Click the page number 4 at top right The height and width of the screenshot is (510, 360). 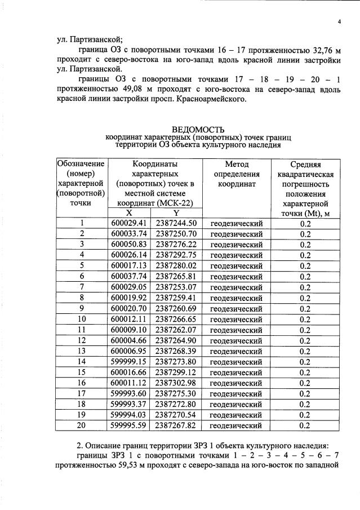pyautogui.click(x=340, y=21)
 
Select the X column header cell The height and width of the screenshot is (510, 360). pyautogui.click(x=129, y=213)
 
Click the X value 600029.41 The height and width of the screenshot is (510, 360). pyautogui.click(x=129, y=223)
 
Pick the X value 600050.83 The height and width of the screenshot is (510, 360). pyautogui.click(x=129, y=244)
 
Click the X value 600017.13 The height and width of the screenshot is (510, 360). pyautogui.click(x=129, y=265)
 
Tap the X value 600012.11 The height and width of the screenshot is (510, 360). pyautogui.click(x=129, y=318)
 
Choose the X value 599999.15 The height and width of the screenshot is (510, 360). pyautogui.click(x=129, y=361)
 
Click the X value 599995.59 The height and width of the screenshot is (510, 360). pyautogui.click(x=129, y=425)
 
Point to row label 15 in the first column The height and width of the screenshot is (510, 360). pyautogui.click(x=82, y=372)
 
